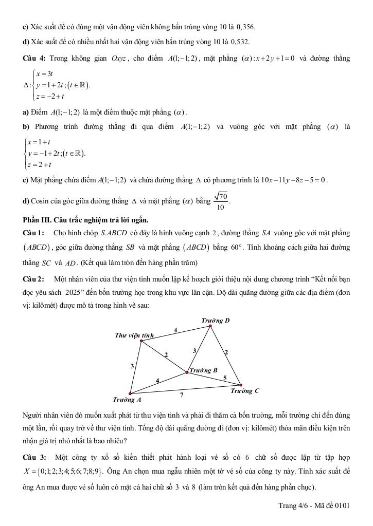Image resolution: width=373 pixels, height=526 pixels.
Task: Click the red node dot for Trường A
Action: point(130,394)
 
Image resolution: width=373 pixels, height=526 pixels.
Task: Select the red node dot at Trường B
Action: point(187,372)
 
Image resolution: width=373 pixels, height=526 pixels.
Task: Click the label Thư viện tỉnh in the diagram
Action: point(134,335)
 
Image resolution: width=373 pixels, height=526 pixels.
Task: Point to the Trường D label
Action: point(215,321)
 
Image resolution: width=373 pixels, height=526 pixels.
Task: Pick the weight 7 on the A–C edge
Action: point(182,394)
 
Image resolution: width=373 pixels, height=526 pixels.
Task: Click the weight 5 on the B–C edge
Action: point(224,378)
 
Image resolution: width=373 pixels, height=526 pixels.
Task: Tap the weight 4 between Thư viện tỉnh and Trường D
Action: point(175,330)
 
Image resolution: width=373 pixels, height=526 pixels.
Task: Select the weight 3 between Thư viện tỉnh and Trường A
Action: point(132,366)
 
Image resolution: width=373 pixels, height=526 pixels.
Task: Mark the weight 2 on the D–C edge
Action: point(226,352)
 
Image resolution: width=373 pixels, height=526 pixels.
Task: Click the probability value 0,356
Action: point(244,26)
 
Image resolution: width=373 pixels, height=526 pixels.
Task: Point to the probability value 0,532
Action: point(241,41)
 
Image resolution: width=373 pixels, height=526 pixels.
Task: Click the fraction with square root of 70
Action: point(221,201)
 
